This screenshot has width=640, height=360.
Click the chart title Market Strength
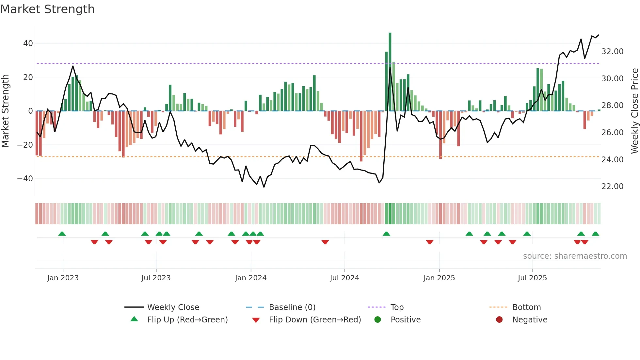[x=48, y=9]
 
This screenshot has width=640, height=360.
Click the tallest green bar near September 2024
[x=390, y=72]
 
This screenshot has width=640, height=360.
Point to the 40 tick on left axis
[x=28, y=43]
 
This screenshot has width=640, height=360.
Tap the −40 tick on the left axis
[x=25, y=179]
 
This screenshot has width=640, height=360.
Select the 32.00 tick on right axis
[x=612, y=52]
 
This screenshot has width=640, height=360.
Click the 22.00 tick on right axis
[x=612, y=187]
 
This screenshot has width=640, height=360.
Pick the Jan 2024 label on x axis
[x=251, y=278]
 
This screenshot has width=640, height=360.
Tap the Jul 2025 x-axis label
[x=532, y=278]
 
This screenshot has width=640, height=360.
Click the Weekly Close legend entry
[x=173, y=307]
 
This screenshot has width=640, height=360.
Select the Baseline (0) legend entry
[x=292, y=307]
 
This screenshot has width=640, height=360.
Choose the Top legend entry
[x=397, y=307]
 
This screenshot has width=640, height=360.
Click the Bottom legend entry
[x=526, y=307]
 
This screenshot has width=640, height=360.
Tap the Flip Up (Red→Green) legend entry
[x=187, y=320]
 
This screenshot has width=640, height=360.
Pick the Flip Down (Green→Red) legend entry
[x=315, y=320]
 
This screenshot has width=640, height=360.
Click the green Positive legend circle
[x=378, y=320]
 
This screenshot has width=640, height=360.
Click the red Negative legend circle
[x=499, y=320]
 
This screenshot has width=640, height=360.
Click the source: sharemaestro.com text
[x=575, y=256]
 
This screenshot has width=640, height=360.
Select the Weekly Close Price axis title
[x=635, y=111]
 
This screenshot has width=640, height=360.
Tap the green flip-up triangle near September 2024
[x=386, y=234]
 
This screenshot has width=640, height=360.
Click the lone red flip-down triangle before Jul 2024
[x=325, y=242]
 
